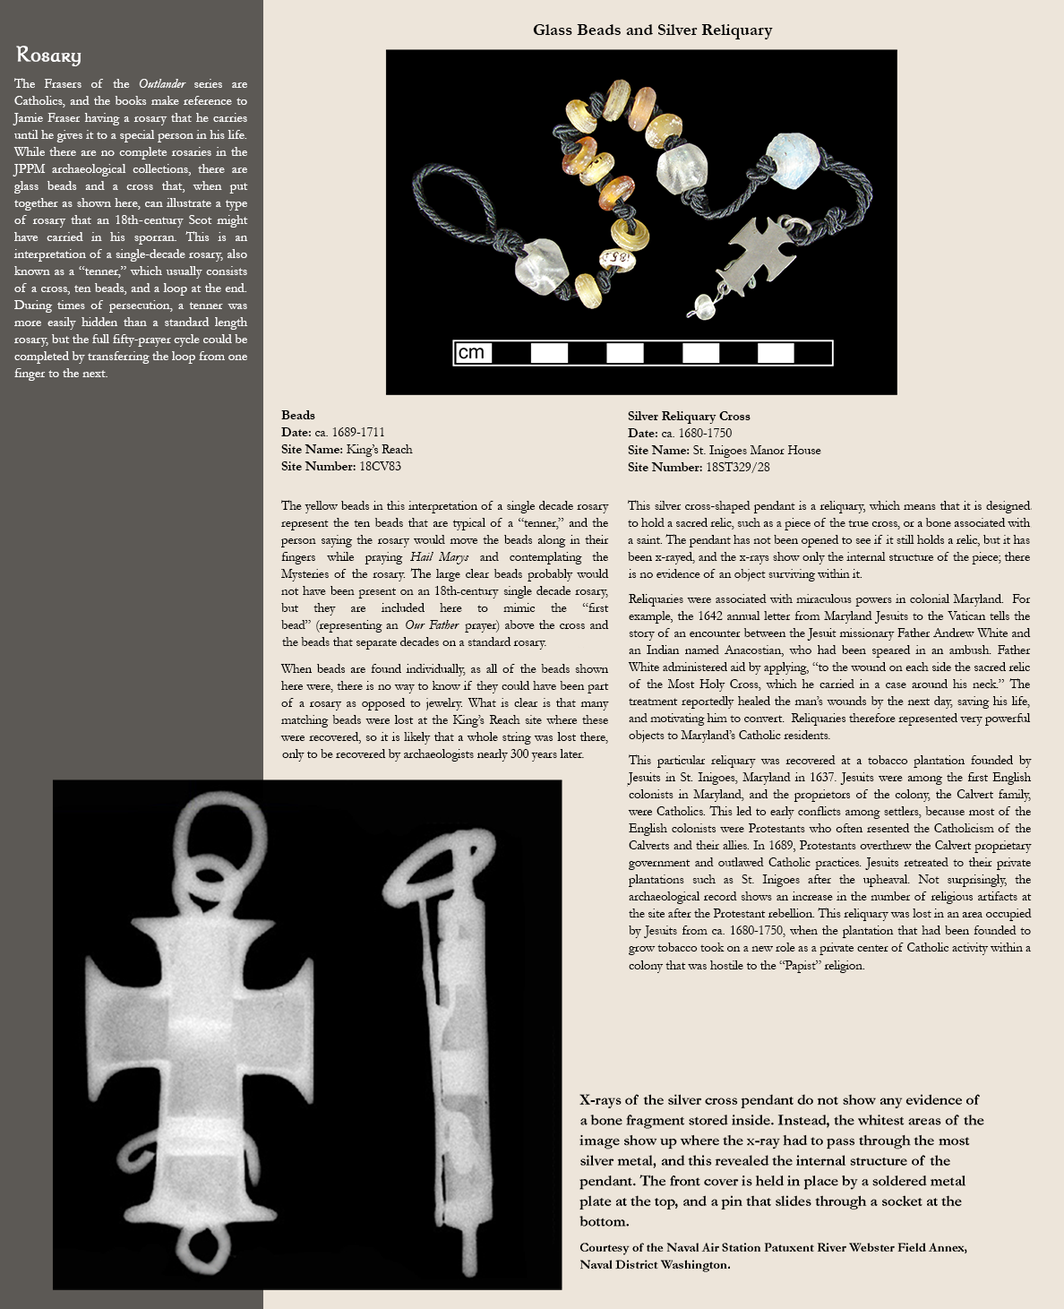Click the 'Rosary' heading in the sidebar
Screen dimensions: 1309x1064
(x=48, y=56)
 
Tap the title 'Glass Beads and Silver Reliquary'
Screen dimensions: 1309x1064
(x=652, y=30)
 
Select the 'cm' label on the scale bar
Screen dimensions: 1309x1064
(x=471, y=353)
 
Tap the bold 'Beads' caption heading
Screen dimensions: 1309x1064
(x=298, y=415)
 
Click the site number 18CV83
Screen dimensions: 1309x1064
(x=380, y=466)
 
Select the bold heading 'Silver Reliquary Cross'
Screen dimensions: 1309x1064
(x=689, y=416)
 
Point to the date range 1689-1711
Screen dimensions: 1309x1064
(x=358, y=432)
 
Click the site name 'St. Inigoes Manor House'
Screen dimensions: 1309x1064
(x=756, y=450)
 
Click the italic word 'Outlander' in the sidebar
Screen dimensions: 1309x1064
(x=162, y=84)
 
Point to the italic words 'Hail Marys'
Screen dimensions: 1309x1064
(x=439, y=557)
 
